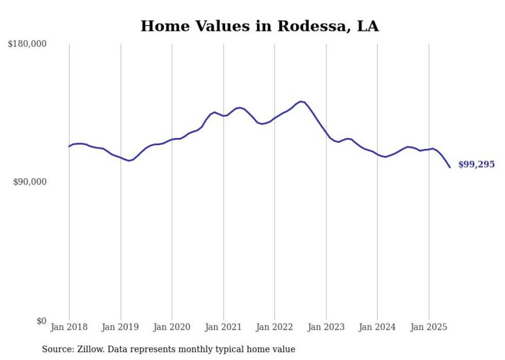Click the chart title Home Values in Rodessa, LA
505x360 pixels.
(260, 26)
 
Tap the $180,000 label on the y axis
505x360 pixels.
(27, 44)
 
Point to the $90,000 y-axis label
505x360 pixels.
(30, 182)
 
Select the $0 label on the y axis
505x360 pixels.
(41, 321)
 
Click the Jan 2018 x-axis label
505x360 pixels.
(69, 327)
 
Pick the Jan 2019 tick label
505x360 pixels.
(121, 327)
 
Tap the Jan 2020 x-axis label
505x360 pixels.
(172, 327)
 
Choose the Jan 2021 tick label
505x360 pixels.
(223, 327)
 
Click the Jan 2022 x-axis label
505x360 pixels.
(275, 327)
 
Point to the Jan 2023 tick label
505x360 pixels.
(326, 327)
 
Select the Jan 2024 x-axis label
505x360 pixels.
(377, 327)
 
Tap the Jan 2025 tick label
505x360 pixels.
(429, 327)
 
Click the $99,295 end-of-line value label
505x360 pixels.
(476, 165)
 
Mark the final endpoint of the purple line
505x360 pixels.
(450, 167)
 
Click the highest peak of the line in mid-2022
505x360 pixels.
(301, 101)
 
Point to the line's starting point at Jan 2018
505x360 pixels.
(69, 146)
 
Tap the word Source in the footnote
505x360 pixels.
(56, 349)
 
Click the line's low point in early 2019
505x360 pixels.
(129, 161)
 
